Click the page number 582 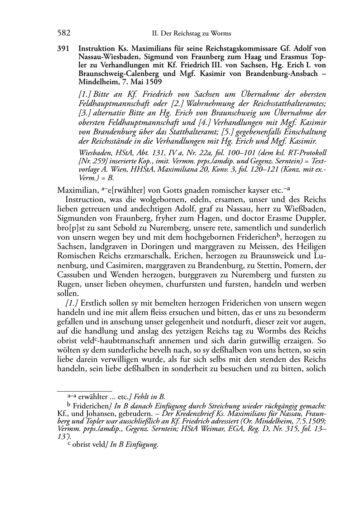(x=63, y=33)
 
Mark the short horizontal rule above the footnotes (x=85, y=391)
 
